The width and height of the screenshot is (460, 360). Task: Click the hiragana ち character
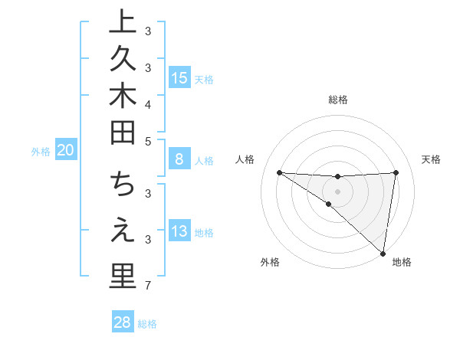[121, 185]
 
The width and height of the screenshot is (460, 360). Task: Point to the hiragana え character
[121, 231]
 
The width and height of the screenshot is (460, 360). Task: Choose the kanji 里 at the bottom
[121, 277]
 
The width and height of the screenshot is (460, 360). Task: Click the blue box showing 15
[179, 77]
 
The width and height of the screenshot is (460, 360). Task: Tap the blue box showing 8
[179, 159]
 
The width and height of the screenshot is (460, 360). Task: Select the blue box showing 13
[179, 231]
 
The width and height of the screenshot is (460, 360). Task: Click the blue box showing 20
[65, 151]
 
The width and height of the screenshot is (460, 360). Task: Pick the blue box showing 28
[122, 322]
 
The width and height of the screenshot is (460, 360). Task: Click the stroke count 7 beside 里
[148, 286]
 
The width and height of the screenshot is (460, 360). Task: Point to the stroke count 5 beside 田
[148, 141]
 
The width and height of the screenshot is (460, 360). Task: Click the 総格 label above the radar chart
[337, 100]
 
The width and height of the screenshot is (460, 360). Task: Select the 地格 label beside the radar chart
[402, 262]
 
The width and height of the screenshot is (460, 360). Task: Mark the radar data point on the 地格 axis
[383, 253]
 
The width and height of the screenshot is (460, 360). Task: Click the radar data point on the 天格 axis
[396, 172]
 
